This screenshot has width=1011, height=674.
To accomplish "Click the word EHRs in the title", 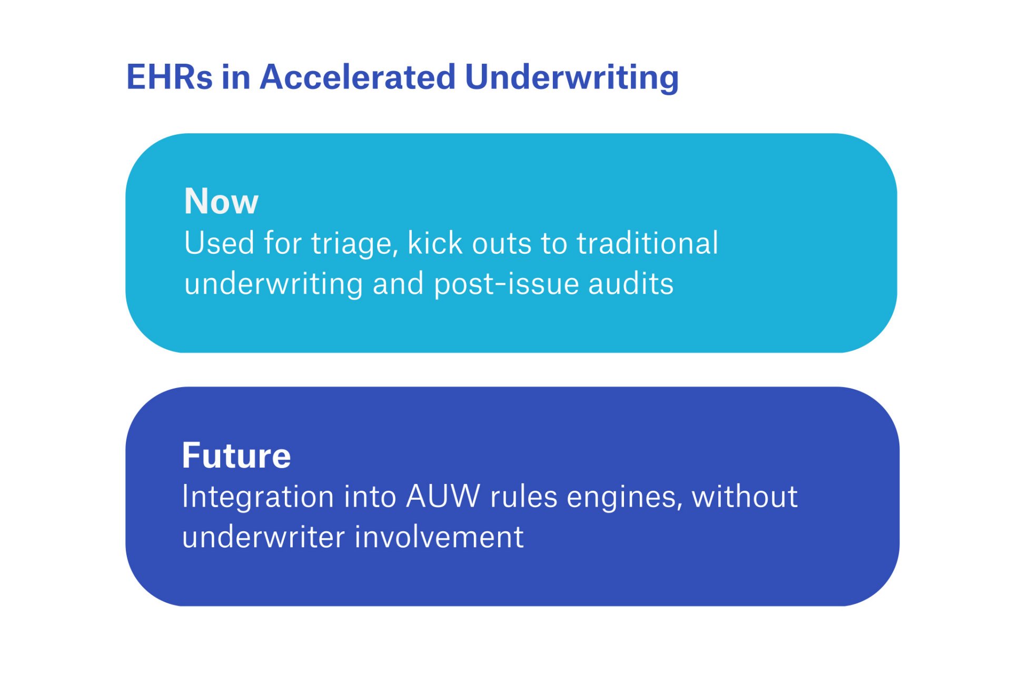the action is click(x=170, y=77).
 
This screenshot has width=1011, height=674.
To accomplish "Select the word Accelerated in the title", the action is click(x=358, y=77).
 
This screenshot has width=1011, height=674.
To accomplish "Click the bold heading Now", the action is click(x=221, y=201).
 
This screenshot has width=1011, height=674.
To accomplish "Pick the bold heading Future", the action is click(x=236, y=455).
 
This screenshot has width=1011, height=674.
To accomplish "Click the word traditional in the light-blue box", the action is click(x=647, y=243).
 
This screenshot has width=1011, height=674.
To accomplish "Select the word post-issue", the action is click(x=507, y=284).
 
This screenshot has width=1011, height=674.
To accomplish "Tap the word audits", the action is click(x=631, y=284).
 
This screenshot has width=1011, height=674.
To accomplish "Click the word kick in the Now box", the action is click(x=435, y=243).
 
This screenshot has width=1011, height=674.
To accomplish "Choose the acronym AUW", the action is click(x=443, y=497).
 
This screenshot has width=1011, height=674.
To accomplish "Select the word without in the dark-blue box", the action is click(x=745, y=497).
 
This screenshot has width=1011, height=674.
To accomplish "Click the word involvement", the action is click(x=439, y=537).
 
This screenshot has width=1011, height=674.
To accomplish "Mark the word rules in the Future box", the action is click(x=523, y=497).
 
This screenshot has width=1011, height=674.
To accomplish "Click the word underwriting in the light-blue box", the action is click(x=274, y=284).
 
